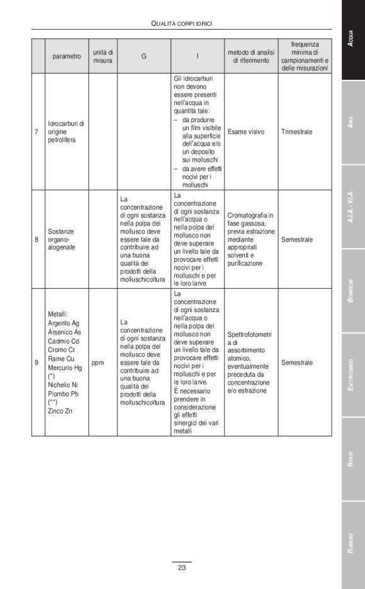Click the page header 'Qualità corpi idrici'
[x=181, y=23]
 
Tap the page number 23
[x=182, y=568]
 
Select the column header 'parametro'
[x=66, y=56]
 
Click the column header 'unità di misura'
[x=103, y=56]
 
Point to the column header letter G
[x=143, y=56]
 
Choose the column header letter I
[x=198, y=56]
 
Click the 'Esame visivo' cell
[x=246, y=132]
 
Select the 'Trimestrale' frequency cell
[x=297, y=132]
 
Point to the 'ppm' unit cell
[x=97, y=362]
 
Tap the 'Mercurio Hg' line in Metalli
[x=65, y=367]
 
